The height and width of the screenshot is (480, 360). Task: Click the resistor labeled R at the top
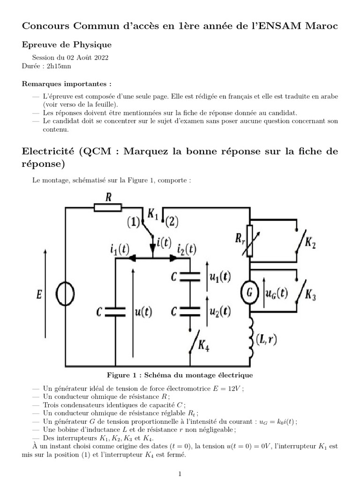click(108, 207)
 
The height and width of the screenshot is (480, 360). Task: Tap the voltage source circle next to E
click(65, 294)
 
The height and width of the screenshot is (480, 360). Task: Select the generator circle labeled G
click(249, 294)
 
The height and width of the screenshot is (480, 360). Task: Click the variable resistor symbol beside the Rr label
click(249, 240)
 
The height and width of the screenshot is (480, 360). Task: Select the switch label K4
click(204, 347)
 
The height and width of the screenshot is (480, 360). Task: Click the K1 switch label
click(153, 213)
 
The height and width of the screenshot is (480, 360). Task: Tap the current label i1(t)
click(120, 250)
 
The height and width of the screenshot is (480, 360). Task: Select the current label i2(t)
click(187, 250)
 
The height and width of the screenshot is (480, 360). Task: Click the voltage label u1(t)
click(219, 277)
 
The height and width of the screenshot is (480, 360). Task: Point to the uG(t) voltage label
click(276, 294)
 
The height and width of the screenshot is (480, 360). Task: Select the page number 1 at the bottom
click(180, 474)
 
